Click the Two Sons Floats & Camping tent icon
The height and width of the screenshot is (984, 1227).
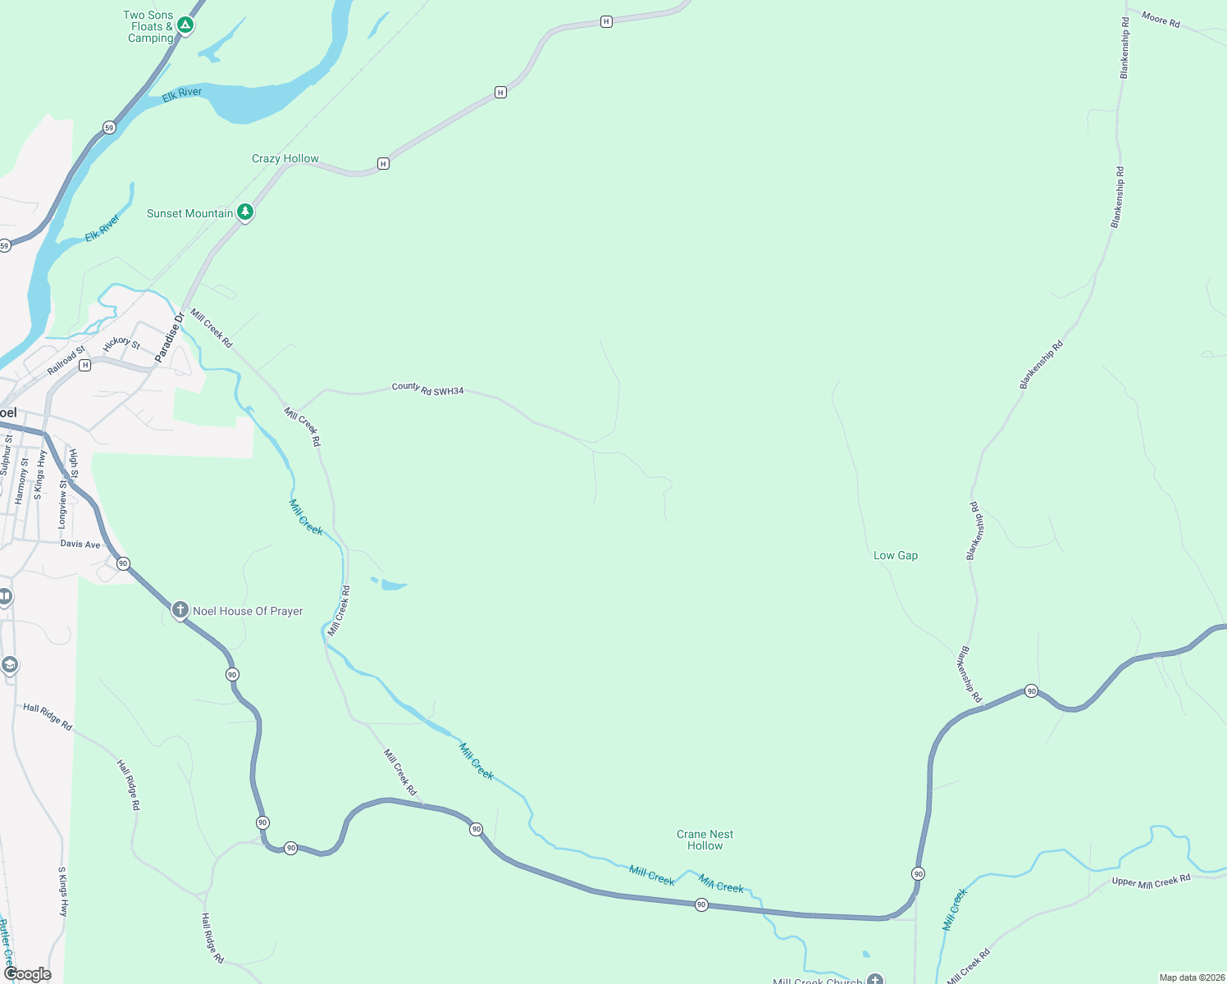point(185,25)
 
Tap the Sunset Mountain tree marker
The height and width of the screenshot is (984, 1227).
point(244,212)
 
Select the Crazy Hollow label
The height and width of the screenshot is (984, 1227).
point(285,158)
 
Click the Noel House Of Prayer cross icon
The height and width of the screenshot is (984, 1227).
point(180,610)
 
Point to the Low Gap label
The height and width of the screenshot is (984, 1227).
point(896,555)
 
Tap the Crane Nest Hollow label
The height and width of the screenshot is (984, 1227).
point(705,840)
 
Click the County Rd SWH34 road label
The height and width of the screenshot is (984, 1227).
point(427,389)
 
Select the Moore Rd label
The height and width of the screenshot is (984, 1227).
point(1161,20)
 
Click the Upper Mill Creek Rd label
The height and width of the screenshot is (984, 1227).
point(1151,881)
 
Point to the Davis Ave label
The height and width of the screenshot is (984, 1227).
point(80,544)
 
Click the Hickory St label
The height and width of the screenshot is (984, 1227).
point(122,343)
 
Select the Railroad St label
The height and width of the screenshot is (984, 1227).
point(66,361)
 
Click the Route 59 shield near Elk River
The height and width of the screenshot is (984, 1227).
point(109,127)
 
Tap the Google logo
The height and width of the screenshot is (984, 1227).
point(28,974)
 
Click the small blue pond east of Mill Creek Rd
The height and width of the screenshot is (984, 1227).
point(392,585)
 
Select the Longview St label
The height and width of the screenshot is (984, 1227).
point(63,503)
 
